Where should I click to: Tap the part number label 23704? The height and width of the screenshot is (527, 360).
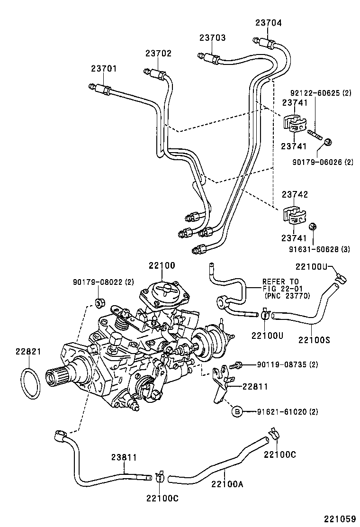269,22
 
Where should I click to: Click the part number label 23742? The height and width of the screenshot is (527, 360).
295,194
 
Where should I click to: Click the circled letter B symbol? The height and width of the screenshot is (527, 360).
236,412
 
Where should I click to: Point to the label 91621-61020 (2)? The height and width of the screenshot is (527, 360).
284,412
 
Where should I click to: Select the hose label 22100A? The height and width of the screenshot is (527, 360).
226,483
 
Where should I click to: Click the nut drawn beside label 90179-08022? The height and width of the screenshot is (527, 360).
99,302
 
